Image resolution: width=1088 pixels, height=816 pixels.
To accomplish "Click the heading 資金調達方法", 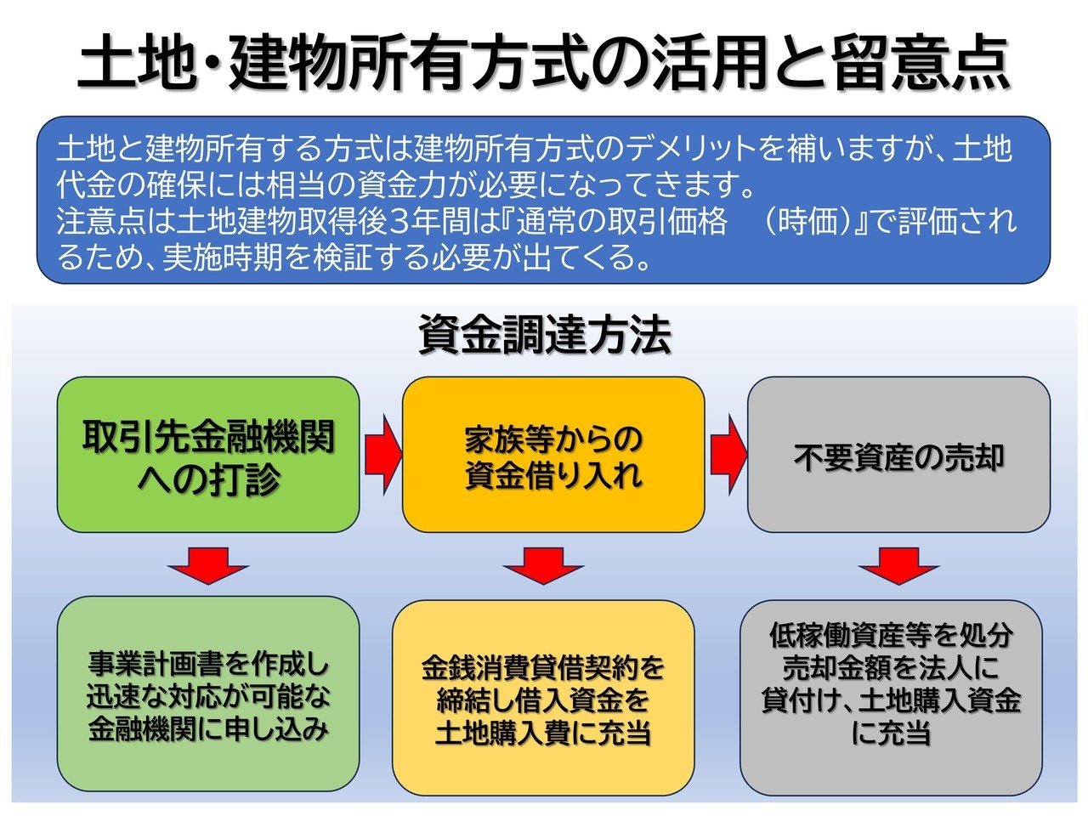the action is click(545, 335).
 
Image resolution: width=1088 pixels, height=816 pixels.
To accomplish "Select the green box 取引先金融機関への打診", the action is click(208, 454).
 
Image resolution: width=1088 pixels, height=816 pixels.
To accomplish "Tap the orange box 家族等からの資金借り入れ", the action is click(553, 454).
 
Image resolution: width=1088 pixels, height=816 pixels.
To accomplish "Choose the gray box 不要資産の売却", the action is click(898, 454).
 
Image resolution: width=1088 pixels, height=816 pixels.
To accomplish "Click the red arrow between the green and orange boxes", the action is click(382, 454).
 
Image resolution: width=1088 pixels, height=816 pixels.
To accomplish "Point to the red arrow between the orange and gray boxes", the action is click(728, 454).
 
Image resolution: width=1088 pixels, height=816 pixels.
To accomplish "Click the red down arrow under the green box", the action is click(208, 566).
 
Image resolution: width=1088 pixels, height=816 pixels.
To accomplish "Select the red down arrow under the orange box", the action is click(544, 566).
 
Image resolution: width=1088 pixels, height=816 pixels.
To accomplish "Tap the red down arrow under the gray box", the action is click(898, 566).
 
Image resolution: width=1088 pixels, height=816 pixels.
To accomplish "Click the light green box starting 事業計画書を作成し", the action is click(208, 694).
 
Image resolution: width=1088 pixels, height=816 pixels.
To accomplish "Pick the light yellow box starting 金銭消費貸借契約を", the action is click(543, 698).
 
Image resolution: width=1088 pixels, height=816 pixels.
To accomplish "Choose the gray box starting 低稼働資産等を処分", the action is click(891, 698).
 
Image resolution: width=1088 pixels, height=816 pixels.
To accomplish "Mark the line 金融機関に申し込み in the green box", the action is click(208, 729).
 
